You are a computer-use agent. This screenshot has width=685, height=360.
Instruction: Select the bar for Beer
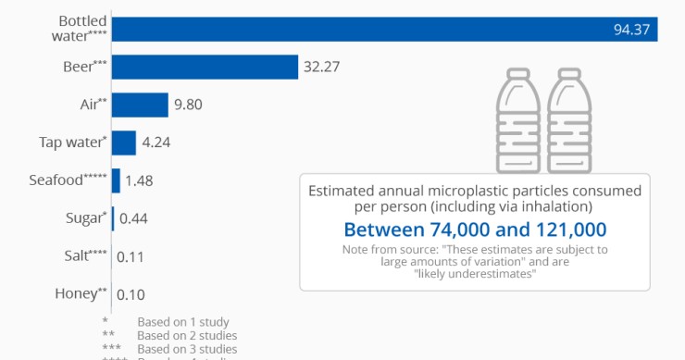(205, 67)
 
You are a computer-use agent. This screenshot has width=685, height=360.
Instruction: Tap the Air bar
(140, 105)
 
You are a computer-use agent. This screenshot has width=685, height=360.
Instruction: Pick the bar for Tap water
(124, 143)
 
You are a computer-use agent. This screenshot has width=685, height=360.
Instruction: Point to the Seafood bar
(116, 180)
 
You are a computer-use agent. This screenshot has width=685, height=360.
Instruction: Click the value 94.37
(631, 30)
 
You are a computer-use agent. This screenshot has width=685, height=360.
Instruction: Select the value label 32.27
(324, 67)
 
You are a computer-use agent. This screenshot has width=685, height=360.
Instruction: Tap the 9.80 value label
(189, 105)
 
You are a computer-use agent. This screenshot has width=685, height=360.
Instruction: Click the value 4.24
(156, 143)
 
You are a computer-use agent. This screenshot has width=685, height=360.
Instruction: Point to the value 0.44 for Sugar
(133, 218)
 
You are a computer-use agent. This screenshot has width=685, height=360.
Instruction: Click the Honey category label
(75, 293)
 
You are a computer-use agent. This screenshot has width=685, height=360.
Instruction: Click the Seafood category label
(68, 180)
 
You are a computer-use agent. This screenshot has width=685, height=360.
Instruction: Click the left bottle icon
(518, 118)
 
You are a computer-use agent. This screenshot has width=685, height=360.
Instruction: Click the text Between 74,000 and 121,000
(475, 229)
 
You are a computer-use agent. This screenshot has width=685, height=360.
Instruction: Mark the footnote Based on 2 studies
(186, 335)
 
